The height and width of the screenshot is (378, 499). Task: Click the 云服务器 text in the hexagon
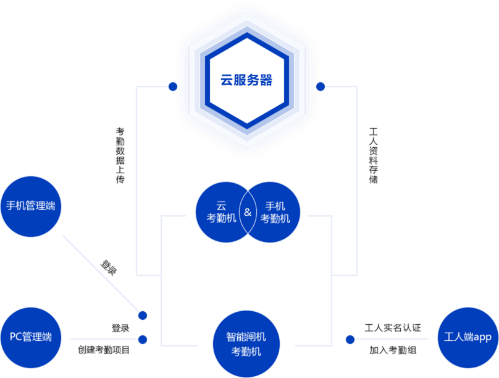pyautogui.click(x=246, y=80)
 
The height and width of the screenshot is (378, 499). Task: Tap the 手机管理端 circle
pyautogui.click(x=31, y=206)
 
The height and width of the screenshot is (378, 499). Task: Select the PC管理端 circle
pyautogui.click(x=31, y=337)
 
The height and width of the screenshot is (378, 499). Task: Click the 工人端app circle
pyautogui.click(x=468, y=337)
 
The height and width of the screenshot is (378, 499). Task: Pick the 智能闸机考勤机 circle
pyautogui.click(x=246, y=344)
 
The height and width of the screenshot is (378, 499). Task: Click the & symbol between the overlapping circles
pyautogui.click(x=248, y=212)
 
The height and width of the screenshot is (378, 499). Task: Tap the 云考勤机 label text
pyautogui.click(x=222, y=212)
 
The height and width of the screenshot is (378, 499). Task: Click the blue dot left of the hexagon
pyautogui.click(x=173, y=87)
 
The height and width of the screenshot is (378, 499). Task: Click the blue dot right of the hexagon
pyautogui.click(x=320, y=87)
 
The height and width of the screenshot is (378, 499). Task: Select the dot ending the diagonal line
pyautogui.click(x=143, y=316)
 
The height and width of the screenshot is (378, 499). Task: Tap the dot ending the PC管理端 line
pyautogui.click(x=143, y=339)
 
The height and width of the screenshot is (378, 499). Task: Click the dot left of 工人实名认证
pyautogui.click(x=350, y=339)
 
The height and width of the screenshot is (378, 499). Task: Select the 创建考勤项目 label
pyautogui.click(x=104, y=350)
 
